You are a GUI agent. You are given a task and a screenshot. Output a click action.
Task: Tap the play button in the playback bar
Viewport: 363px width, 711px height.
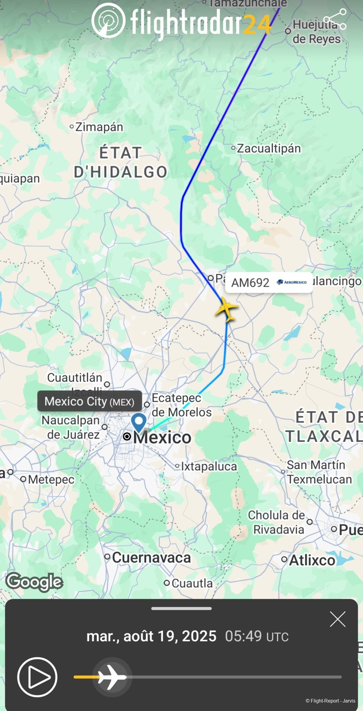click(37, 677)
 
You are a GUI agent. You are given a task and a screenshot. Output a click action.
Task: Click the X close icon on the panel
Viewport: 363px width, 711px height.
click(338, 619)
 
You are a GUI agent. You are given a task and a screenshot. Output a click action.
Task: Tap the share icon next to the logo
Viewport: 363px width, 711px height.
click(335, 19)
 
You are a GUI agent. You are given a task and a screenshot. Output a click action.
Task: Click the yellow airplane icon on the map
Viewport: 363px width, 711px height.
click(227, 309)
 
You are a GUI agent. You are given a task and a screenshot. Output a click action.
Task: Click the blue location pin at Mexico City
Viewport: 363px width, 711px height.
click(139, 422)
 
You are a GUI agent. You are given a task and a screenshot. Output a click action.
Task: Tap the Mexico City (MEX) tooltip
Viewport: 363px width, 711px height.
click(90, 401)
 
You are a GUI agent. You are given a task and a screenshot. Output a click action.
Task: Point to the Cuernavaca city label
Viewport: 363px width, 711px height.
click(151, 557)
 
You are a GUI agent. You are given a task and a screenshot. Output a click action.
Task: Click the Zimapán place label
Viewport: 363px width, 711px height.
click(99, 127)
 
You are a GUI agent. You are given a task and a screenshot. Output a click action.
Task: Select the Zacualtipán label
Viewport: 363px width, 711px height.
click(268, 148)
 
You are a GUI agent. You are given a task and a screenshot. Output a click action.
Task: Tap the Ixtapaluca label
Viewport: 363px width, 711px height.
click(209, 466)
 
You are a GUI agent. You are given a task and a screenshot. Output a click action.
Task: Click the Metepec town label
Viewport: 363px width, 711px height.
click(51, 480)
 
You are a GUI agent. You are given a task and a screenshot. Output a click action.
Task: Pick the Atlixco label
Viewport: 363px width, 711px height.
click(312, 560)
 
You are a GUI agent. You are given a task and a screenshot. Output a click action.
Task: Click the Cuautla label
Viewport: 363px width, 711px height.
click(192, 583)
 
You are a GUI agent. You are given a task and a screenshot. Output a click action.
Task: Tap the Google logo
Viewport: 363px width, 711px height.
click(34, 582)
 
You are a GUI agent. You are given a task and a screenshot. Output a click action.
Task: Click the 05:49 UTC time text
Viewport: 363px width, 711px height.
click(257, 636)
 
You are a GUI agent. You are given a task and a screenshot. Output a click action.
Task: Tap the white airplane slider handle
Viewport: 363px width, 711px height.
click(112, 677)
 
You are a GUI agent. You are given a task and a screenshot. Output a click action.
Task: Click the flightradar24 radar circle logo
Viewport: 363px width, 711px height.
click(108, 21)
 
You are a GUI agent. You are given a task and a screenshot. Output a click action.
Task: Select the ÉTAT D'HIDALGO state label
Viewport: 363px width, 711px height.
click(121, 162)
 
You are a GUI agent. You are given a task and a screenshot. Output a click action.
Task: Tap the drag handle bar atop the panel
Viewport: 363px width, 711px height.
click(181, 608)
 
